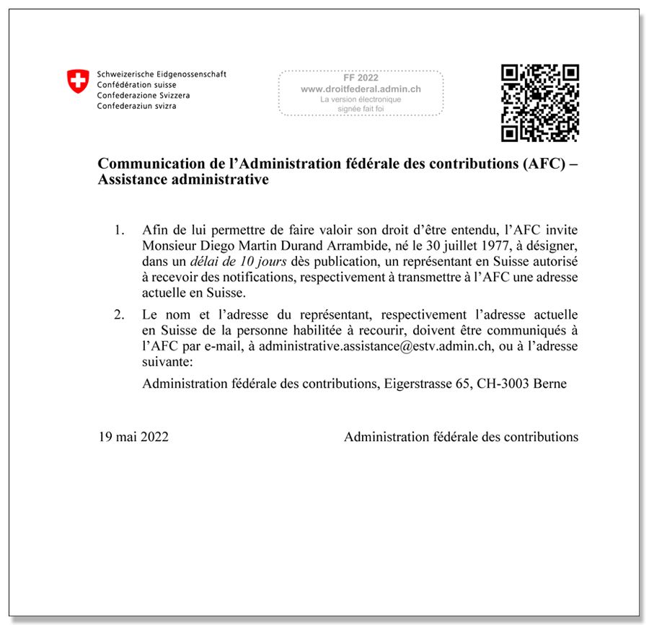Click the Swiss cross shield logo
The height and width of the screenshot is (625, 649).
tap(78, 81)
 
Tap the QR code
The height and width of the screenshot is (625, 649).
tap(540, 103)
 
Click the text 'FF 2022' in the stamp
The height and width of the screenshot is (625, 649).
tap(361, 78)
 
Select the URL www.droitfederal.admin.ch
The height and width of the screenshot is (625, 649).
tap(361, 89)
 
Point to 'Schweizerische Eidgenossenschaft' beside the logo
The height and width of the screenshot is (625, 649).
tap(162, 74)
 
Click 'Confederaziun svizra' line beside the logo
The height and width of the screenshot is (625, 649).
tap(137, 106)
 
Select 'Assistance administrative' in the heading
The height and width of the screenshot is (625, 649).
tap(183, 179)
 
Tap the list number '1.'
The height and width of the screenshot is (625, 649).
tap(119, 230)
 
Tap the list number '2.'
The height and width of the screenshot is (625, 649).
tap(119, 315)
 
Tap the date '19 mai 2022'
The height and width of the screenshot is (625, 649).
tap(133, 437)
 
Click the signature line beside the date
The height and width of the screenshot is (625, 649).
tap(461, 437)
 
